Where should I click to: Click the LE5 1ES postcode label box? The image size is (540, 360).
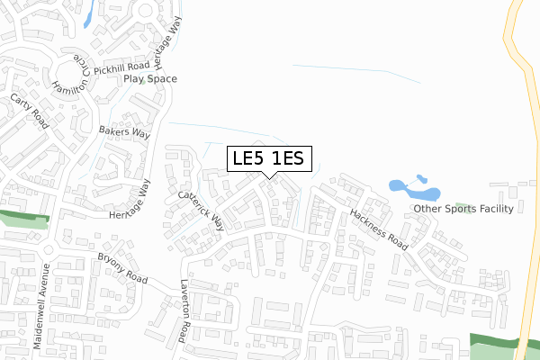click(x=270, y=159)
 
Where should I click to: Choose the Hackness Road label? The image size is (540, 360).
click(x=379, y=229)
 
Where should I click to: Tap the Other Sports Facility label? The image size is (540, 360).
click(x=463, y=209)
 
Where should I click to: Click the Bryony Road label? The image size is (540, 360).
click(x=122, y=267)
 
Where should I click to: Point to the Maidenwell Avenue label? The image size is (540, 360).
click(x=40, y=296)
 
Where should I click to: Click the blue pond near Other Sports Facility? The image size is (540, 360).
click(x=413, y=189)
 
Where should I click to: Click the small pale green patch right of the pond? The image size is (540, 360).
click(x=463, y=206)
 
